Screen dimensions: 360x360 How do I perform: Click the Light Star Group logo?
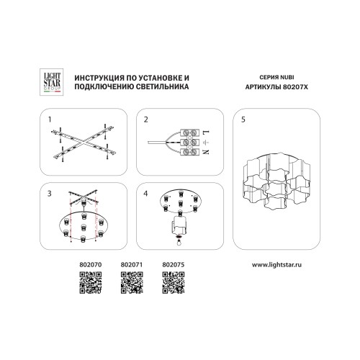(x=51, y=82)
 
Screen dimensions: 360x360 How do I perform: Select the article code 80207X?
(x=295, y=87)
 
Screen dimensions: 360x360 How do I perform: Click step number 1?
(x=50, y=120)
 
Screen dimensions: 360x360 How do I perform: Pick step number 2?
(x=146, y=120)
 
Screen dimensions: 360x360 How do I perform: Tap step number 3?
(x=50, y=194)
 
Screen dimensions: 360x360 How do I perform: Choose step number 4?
(x=145, y=194)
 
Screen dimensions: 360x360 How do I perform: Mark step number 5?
(x=243, y=120)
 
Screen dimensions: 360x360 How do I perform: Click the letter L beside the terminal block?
(x=206, y=132)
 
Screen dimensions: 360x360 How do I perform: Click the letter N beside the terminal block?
(x=206, y=152)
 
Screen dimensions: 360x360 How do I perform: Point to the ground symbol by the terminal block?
(x=206, y=142)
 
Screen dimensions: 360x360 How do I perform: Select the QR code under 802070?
(x=91, y=282)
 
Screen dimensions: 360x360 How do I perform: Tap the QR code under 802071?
(x=132, y=282)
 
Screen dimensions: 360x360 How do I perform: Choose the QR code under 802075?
(x=174, y=282)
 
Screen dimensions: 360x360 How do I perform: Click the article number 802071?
(x=132, y=264)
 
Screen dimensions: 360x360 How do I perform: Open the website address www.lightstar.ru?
(x=276, y=265)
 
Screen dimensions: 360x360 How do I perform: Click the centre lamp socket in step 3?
(x=84, y=227)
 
